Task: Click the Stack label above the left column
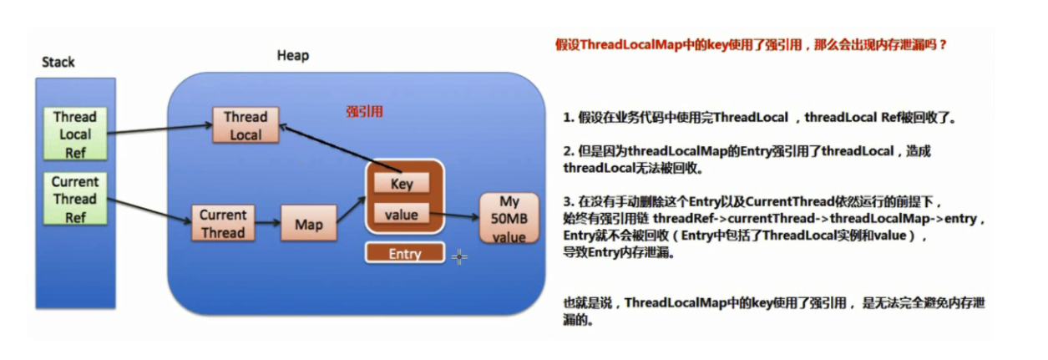tap(58, 62)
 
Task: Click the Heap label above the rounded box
tap(293, 56)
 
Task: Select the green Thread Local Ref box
tap(75, 134)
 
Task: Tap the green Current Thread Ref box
tap(75, 199)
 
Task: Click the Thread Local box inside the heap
tap(246, 125)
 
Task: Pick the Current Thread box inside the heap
tap(223, 223)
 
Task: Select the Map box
tap(309, 223)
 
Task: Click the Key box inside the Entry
tap(402, 183)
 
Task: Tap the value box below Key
tap(402, 214)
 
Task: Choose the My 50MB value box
tap(509, 218)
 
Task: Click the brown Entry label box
tap(405, 253)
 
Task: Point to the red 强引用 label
tap(364, 111)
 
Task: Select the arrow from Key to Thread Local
tap(340, 149)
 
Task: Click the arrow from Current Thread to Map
tap(267, 223)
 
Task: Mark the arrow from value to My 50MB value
tap(454, 215)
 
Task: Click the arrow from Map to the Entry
tap(351, 210)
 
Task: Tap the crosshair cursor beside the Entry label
tap(459, 256)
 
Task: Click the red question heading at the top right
tap(751, 45)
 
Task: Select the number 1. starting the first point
tap(569, 118)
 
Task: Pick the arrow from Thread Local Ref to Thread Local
tap(160, 129)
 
